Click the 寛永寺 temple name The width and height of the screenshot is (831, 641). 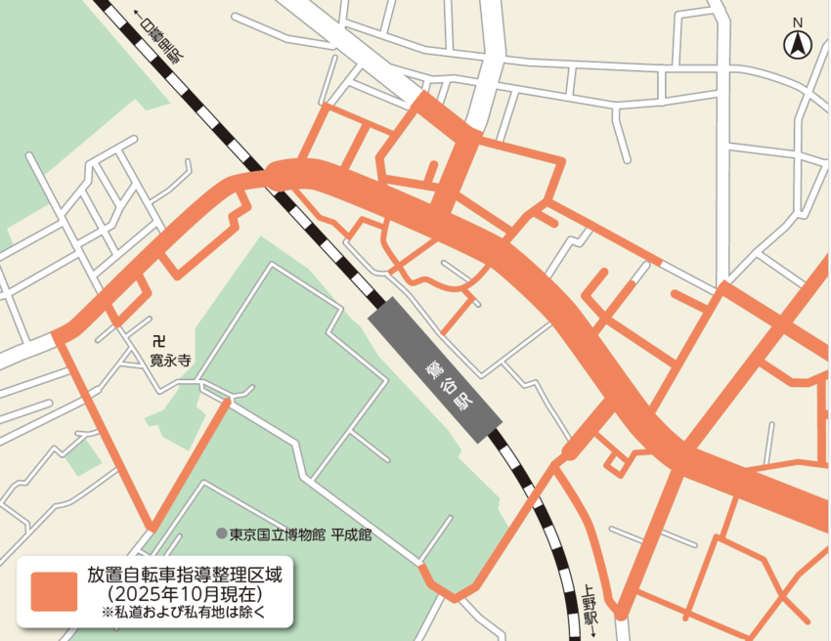(x=169, y=361)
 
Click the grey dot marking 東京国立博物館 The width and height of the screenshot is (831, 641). (x=222, y=534)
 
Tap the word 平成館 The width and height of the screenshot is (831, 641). (x=351, y=535)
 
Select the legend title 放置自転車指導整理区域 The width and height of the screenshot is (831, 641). (x=177, y=574)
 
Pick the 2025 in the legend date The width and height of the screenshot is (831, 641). (x=138, y=593)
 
